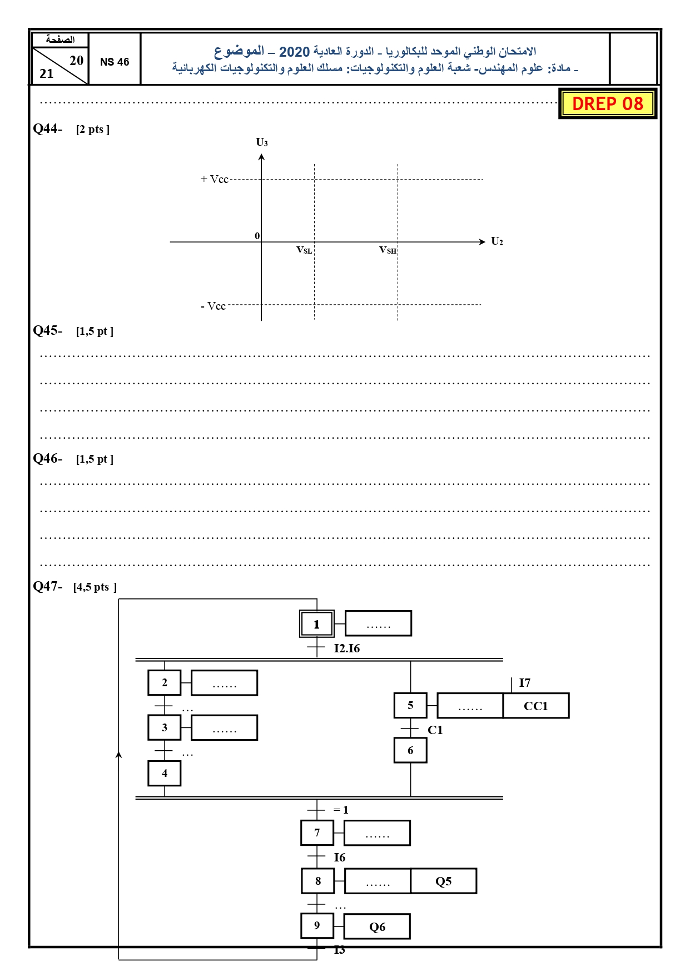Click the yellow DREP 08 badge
[x=608, y=103]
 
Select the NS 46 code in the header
[x=115, y=62]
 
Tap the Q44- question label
[x=48, y=128]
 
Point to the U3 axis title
[x=262, y=142]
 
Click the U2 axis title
[x=497, y=241]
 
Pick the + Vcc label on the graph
[x=215, y=179]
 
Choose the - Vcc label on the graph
[x=214, y=306]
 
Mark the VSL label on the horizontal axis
[x=304, y=250]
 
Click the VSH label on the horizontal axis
[x=388, y=250]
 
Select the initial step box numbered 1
[x=317, y=624]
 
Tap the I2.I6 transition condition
[x=347, y=648]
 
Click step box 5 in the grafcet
[x=410, y=706]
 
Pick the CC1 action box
[x=536, y=706]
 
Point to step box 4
[x=165, y=773]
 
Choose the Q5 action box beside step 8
[x=444, y=881]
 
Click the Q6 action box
[x=377, y=927]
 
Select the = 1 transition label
[x=341, y=810]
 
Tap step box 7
[x=317, y=833]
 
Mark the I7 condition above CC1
[x=525, y=683]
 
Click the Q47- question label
[x=48, y=586]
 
